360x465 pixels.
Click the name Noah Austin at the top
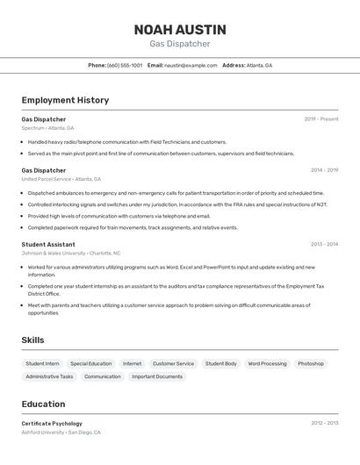pyautogui.click(x=180, y=30)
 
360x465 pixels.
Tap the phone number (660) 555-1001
pyautogui.click(x=125, y=65)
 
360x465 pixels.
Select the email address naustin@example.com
pyautogui.click(x=191, y=65)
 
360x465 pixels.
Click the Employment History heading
pyautogui.click(x=65, y=100)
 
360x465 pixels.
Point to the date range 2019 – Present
pyautogui.click(x=321, y=119)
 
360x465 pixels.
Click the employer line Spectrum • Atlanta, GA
pyautogui.click(x=48, y=128)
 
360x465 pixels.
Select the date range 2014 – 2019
pyautogui.click(x=324, y=170)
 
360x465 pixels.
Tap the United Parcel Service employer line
pyautogui.click(x=59, y=179)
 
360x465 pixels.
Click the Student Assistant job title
pyautogui.click(x=48, y=245)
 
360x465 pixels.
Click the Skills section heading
pyautogui.click(x=32, y=340)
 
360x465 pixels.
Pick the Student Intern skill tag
pyautogui.click(x=42, y=363)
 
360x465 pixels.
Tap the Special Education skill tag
pyautogui.click(x=91, y=363)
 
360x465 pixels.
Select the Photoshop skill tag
pyautogui.click(x=311, y=363)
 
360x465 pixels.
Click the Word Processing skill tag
pyautogui.click(x=267, y=363)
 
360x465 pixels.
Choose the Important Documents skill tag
pyautogui.click(x=157, y=376)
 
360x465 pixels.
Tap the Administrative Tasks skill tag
pyautogui.click(x=49, y=376)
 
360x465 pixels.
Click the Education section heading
pyautogui.click(x=43, y=404)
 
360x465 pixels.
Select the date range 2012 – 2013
pyautogui.click(x=324, y=423)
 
